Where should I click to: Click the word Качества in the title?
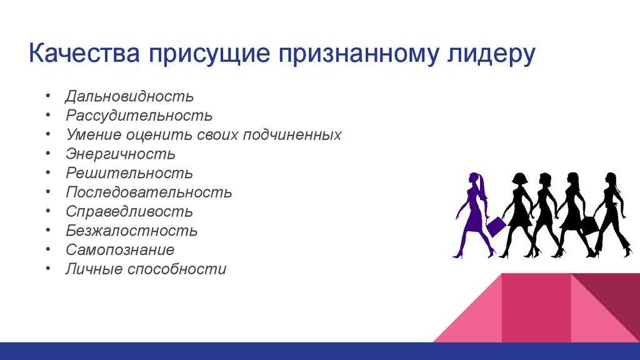84,52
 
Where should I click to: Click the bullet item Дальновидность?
129,96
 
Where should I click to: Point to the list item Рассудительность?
139,116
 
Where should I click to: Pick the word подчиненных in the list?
292,135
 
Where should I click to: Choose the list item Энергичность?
121,154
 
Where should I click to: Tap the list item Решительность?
129,173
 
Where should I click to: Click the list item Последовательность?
149,192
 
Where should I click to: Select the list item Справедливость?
129,211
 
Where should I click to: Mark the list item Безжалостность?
132,231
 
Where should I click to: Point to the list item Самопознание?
121,250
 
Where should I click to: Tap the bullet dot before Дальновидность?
48,96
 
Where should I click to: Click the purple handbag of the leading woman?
496,226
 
